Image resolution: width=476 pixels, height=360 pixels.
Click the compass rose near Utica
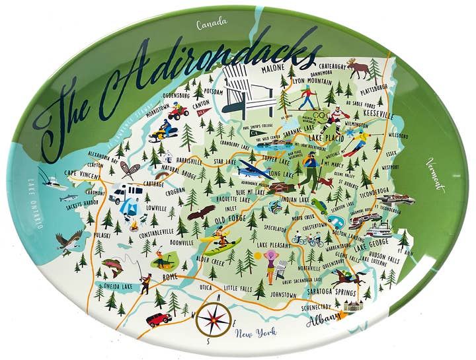pyautogui.click(x=214, y=319)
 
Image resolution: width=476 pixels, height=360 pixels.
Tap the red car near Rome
pyautogui.click(x=159, y=319)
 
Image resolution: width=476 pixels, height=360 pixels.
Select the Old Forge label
pyautogui.click(x=222, y=218)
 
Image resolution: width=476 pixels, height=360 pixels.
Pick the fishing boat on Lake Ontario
pyautogui.click(x=51, y=180)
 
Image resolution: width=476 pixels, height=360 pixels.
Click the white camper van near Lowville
pyautogui.click(x=125, y=193)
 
